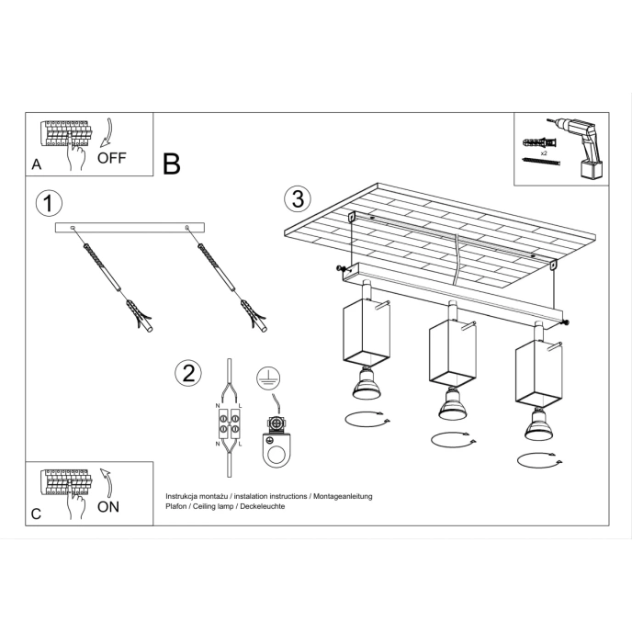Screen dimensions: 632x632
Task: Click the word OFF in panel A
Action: [111, 157]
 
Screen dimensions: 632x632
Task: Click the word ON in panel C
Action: [108, 506]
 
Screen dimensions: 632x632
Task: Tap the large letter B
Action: [171, 164]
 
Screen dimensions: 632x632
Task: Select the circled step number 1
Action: [48, 203]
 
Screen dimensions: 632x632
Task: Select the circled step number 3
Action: [296, 197]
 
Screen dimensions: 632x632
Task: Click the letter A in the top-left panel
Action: [36, 165]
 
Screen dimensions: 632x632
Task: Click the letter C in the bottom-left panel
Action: [36, 514]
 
